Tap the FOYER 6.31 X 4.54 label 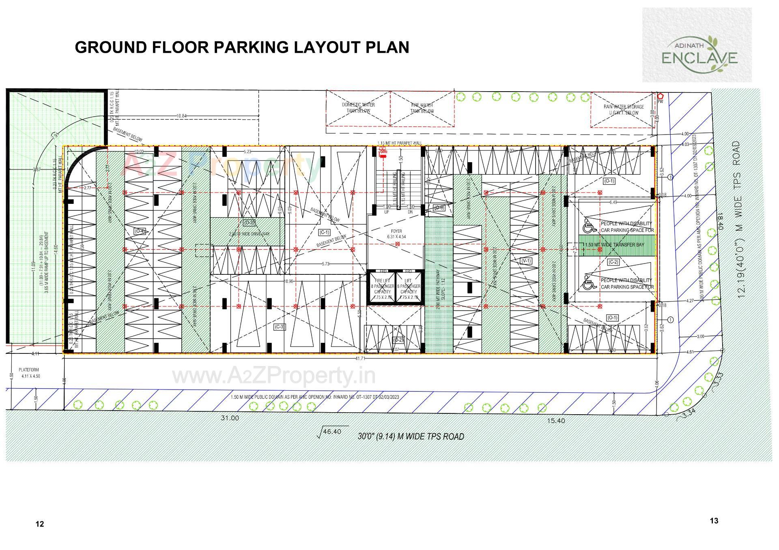click(396, 234)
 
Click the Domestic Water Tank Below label click(358, 108)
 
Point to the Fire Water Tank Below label click(422, 108)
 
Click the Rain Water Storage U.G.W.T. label click(623, 110)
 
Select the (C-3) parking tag click(280, 327)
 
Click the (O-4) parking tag click(140, 231)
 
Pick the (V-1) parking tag click(526, 261)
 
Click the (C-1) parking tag click(324, 232)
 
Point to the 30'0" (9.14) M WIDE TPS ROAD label click(411, 437)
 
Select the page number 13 click(714, 520)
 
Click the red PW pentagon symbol click(660, 96)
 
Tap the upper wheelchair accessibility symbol click(588, 224)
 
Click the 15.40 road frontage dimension click(555, 421)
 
